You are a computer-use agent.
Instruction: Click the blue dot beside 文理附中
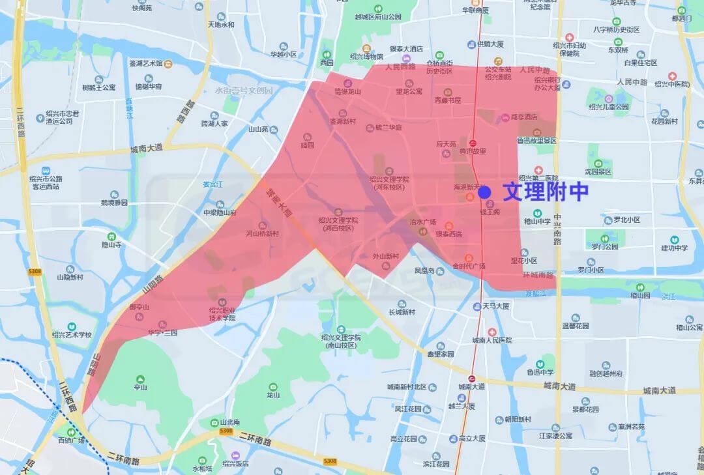tap(484, 192)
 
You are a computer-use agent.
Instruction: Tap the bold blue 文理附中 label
tap(545, 192)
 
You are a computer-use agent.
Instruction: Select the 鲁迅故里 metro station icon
tap(473, 142)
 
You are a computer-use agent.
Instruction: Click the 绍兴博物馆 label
tap(367, 57)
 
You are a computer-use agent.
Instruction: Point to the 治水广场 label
tap(422, 222)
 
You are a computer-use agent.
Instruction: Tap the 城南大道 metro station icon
tap(472, 378)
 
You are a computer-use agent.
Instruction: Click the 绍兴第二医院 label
tap(538, 178)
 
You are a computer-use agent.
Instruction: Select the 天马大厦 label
tap(495, 306)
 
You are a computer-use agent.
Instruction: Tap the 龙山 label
tap(273, 394)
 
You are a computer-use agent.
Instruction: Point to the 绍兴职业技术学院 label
tap(222, 314)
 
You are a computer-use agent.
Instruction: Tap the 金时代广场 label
tap(469, 266)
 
